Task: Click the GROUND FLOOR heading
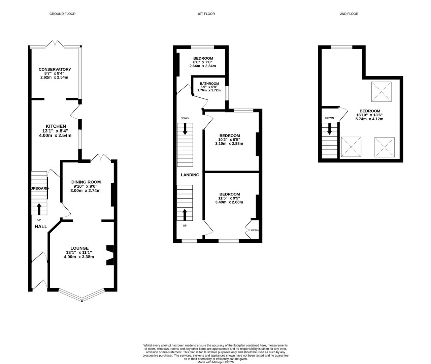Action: pyautogui.click(x=62, y=14)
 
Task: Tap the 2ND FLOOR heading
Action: pyautogui.click(x=349, y=14)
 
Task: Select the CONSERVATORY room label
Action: pyautogui.click(x=55, y=69)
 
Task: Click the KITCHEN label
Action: pyautogui.click(x=56, y=126)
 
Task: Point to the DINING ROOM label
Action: pyautogui.click(x=86, y=182)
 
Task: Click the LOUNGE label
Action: pyautogui.click(x=79, y=248)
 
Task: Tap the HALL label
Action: pyautogui.click(x=41, y=226)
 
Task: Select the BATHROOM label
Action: pyautogui.click(x=209, y=84)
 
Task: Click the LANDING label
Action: pyautogui.click(x=190, y=175)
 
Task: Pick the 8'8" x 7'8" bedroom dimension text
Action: pyautogui.click(x=203, y=62)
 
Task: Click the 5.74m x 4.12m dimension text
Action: pyautogui.click(x=370, y=119)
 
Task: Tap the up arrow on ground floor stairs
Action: pyautogui.click(x=39, y=209)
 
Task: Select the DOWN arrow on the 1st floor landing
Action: pyautogui.click(x=185, y=129)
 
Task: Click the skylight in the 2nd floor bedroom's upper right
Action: pyautogui.click(x=381, y=92)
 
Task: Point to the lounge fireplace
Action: pyautogui.click(x=110, y=255)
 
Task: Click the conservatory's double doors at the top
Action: pyautogui.click(x=55, y=44)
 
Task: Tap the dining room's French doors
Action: pyautogui.click(x=101, y=157)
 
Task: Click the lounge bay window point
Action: pyautogui.click(x=82, y=300)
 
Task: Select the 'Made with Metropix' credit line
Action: pyautogui.click(x=215, y=362)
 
